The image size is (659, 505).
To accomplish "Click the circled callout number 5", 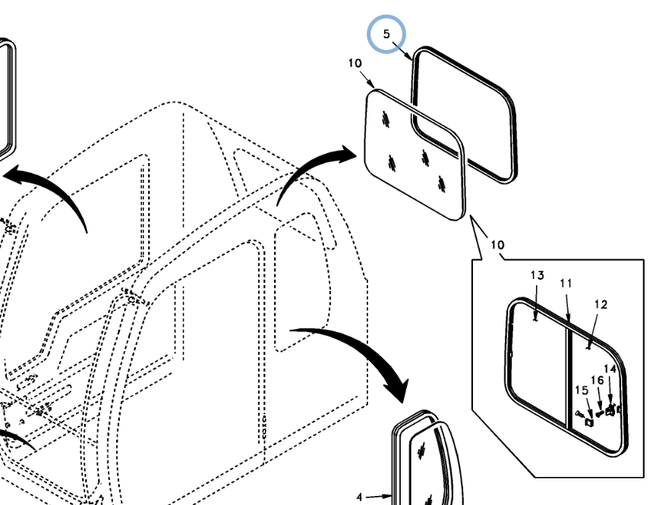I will point(386,35).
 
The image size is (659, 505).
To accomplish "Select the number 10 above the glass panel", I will point(355,64).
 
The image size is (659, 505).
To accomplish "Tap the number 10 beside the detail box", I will point(497,245).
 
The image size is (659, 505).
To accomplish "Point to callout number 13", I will point(537,274).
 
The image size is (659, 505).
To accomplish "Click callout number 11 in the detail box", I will point(566,284).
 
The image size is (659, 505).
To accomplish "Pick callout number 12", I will point(601,305).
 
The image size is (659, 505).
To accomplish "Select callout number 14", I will point(610,369).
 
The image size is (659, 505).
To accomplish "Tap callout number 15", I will point(582,391).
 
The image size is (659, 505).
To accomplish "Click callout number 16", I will point(597,380).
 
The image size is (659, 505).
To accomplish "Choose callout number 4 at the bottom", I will point(361,497).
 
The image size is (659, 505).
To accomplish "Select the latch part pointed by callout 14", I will point(611,410).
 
